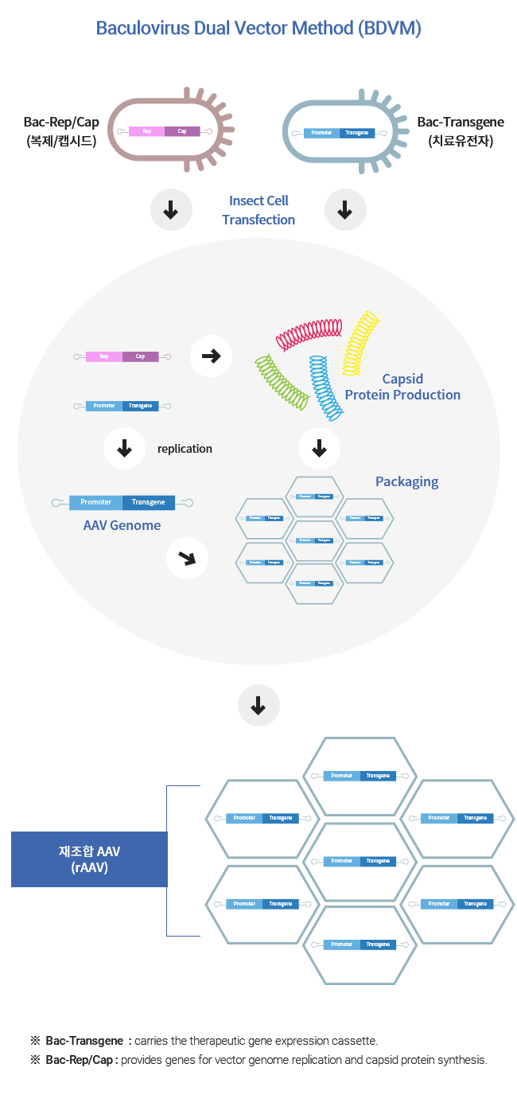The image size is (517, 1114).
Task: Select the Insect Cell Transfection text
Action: [258, 210]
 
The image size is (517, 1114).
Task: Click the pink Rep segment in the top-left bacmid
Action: [147, 131]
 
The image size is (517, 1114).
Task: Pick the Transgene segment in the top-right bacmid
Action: [357, 132]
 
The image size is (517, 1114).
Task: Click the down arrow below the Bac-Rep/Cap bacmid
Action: [170, 210]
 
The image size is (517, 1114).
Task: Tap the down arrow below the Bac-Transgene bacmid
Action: [345, 210]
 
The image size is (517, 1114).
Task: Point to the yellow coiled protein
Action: [360, 342]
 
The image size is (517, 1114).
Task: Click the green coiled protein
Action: [282, 383]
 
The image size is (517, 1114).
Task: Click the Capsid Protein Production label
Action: [402, 387]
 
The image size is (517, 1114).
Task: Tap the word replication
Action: [185, 449]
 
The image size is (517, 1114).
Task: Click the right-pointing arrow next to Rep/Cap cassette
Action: [211, 356]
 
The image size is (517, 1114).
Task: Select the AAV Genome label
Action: [122, 525]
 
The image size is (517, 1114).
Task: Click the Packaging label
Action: [406, 481]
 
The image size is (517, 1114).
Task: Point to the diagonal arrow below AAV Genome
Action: [187, 559]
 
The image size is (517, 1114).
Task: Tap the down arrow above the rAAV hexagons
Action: [258, 706]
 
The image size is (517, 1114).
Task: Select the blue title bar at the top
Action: [258, 29]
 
